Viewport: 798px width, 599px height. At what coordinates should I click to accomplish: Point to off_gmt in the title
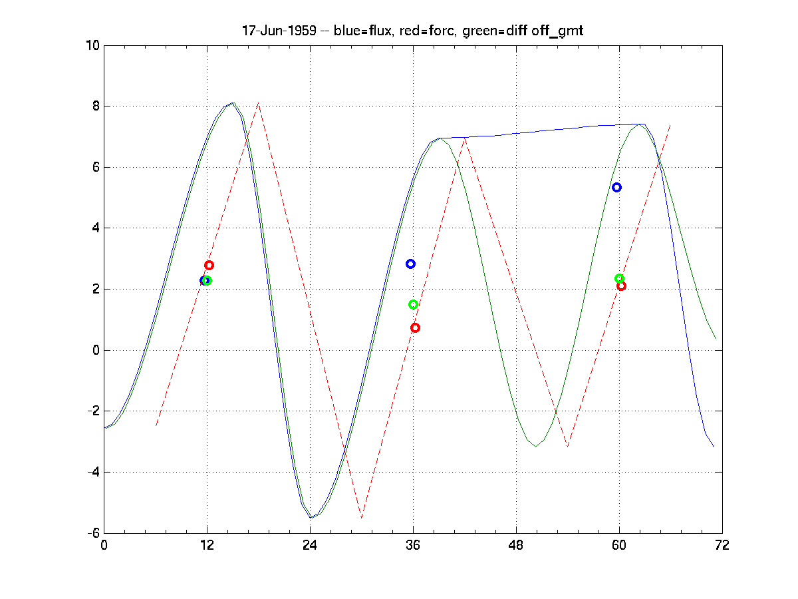(x=558, y=31)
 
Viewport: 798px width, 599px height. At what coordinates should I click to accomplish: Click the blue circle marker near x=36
(x=410, y=264)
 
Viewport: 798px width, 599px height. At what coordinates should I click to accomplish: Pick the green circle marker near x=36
(x=413, y=304)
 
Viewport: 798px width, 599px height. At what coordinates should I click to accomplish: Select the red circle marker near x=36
(x=415, y=327)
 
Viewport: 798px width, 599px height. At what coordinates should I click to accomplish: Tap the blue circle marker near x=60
(x=616, y=187)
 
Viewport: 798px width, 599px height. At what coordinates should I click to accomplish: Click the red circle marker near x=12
(x=209, y=265)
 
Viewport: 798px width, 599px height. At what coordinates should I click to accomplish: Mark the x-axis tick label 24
(x=310, y=544)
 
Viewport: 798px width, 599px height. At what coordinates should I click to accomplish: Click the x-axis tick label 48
(x=516, y=544)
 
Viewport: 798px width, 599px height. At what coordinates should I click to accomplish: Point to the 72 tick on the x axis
(x=722, y=544)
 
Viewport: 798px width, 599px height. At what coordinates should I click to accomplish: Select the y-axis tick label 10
(x=92, y=45)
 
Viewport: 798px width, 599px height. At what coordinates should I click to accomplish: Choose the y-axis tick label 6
(x=95, y=168)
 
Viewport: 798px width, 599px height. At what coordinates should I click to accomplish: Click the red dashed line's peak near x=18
(x=259, y=102)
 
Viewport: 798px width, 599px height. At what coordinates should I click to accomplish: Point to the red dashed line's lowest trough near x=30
(x=362, y=518)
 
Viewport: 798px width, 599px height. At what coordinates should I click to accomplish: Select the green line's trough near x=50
(x=535, y=447)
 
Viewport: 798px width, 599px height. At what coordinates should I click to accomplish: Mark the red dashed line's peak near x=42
(x=465, y=138)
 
